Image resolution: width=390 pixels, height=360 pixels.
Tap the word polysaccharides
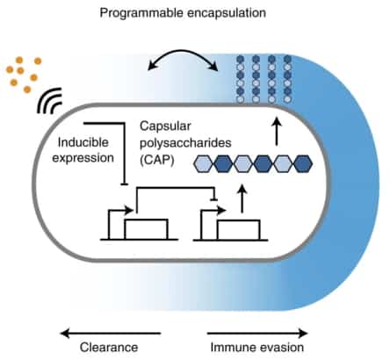click(184, 145)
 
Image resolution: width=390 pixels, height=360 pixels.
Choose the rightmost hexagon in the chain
click(301, 164)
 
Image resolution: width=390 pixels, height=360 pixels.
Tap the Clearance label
click(111, 348)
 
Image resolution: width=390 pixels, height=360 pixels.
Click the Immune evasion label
click(257, 348)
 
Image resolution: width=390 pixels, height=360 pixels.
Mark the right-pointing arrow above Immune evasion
click(257, 333)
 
